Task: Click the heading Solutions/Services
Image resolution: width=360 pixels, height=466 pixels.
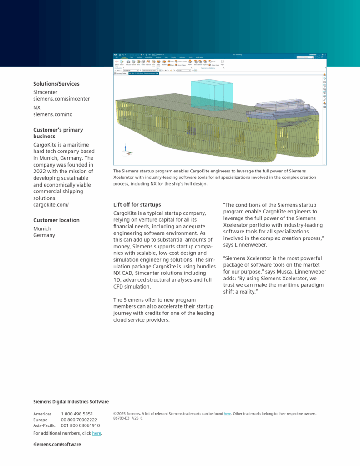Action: (x=56, y=84)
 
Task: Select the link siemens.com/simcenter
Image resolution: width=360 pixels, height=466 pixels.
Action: (x=61, y=99)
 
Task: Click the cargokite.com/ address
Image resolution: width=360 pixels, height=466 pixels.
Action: (x=51, y=204)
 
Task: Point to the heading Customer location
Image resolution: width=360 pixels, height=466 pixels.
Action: (x=56, y=220)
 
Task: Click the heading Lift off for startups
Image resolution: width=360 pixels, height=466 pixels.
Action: (x=137, y=205)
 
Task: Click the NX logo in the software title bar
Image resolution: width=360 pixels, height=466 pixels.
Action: (x=116, y=55)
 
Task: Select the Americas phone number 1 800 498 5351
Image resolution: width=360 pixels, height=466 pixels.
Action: (x=77, y=414)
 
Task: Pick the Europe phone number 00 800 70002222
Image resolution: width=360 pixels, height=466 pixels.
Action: (x=79, y=420)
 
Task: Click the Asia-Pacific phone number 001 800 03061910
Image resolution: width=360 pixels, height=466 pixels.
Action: (x=80, y=425)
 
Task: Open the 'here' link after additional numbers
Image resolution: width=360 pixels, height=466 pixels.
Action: (x=96, y=433)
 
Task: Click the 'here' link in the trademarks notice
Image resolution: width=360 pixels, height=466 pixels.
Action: (x=228, y=414)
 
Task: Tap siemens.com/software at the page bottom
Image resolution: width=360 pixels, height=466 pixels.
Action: (x=57, y=444)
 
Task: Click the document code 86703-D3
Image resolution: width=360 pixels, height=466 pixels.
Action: (x=121, y=418)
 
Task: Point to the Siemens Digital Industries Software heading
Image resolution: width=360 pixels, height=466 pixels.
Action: (x=71, y=402)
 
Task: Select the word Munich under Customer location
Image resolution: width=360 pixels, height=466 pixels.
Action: (x=42, y=228)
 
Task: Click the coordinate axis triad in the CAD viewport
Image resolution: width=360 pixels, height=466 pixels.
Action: (x=126, y=150)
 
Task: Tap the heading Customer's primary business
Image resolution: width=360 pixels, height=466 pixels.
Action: (x=58, y=133)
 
